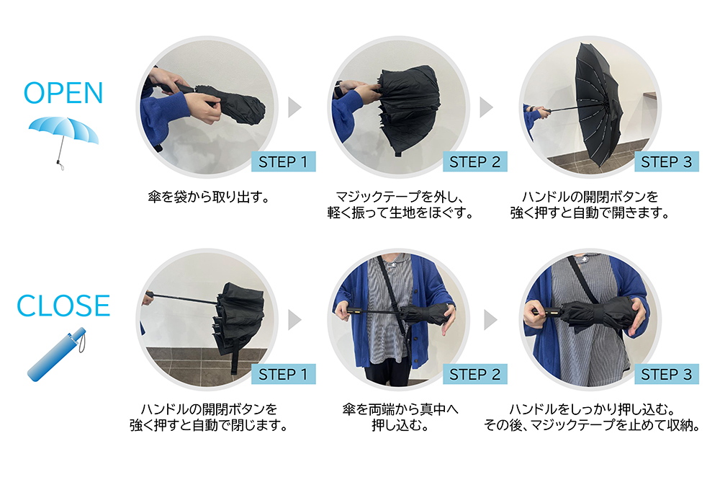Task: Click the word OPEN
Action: [x=63, y=93]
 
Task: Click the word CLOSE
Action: [x=63, y=306]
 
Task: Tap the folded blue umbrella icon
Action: [x=57, y=354]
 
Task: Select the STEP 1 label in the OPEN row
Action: [x=283, y=161]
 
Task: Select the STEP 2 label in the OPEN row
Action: [x=474, y=161]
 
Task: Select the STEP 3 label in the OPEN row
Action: [x=666, y=161]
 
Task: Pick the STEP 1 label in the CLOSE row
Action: [x=283, y=374]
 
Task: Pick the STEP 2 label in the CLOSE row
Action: [x=474, y=374]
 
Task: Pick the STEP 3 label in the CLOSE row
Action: [x=666, y=374]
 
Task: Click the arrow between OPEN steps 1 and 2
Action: [x=294, y=107]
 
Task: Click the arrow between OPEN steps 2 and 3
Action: [x=486, y=107]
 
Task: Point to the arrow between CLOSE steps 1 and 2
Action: [x=294, y=320]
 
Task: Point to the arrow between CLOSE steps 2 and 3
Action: [x=490, y=320]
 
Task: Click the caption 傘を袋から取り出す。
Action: [x=209, y=197]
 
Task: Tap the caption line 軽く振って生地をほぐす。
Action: [x=400, y=213]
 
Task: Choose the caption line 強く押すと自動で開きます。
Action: [x=590, y=213]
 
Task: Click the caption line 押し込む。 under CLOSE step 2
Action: [x=400, y=426]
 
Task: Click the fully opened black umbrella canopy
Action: [x=597, y=103]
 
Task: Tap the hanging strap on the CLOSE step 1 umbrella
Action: [x=235, y=358]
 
